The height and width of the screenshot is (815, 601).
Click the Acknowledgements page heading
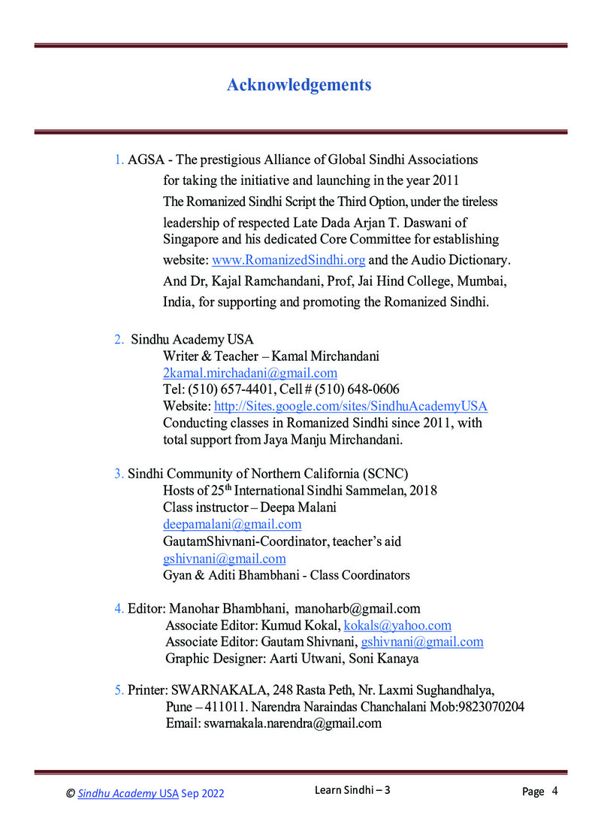(299, 85)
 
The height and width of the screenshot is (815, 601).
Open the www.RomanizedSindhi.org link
(288, 260)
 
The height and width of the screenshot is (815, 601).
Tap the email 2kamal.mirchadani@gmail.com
(250, 373)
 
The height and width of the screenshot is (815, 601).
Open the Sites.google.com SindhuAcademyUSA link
(351, 406)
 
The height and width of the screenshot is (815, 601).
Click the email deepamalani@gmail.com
(232, 524)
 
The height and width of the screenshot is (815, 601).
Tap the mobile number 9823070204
(489, 707)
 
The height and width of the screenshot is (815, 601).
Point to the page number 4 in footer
(554, 791)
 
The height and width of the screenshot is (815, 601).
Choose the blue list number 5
(118, 690)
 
